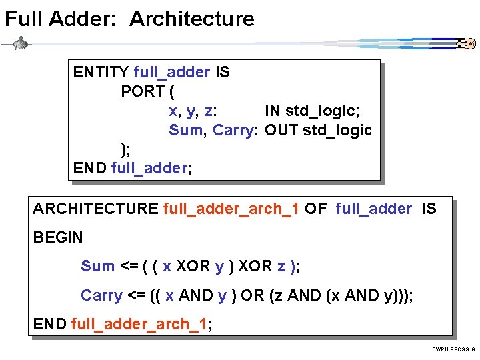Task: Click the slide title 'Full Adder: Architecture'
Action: pos(129,19)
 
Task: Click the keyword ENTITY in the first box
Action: pos(101,72)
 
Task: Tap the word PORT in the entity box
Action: pos(143,91)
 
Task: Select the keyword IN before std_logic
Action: pos(272,111)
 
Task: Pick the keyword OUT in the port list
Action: pos(281,130)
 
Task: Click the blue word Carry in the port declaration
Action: pos(233,130)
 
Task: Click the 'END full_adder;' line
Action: pos(132,168)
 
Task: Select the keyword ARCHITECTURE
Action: pos(95,209)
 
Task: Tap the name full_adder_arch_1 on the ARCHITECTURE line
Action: pos(231,209)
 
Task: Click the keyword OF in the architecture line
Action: pos(316,209)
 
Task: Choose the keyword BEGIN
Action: pos(58,237)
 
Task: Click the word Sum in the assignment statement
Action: pos(97,266)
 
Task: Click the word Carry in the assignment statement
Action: pos(101,295)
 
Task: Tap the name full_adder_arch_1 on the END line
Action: pos(139,324)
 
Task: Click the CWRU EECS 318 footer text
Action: pos(453,349)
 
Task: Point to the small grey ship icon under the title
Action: pos(21,43)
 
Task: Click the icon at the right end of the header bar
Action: pos(465,44)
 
